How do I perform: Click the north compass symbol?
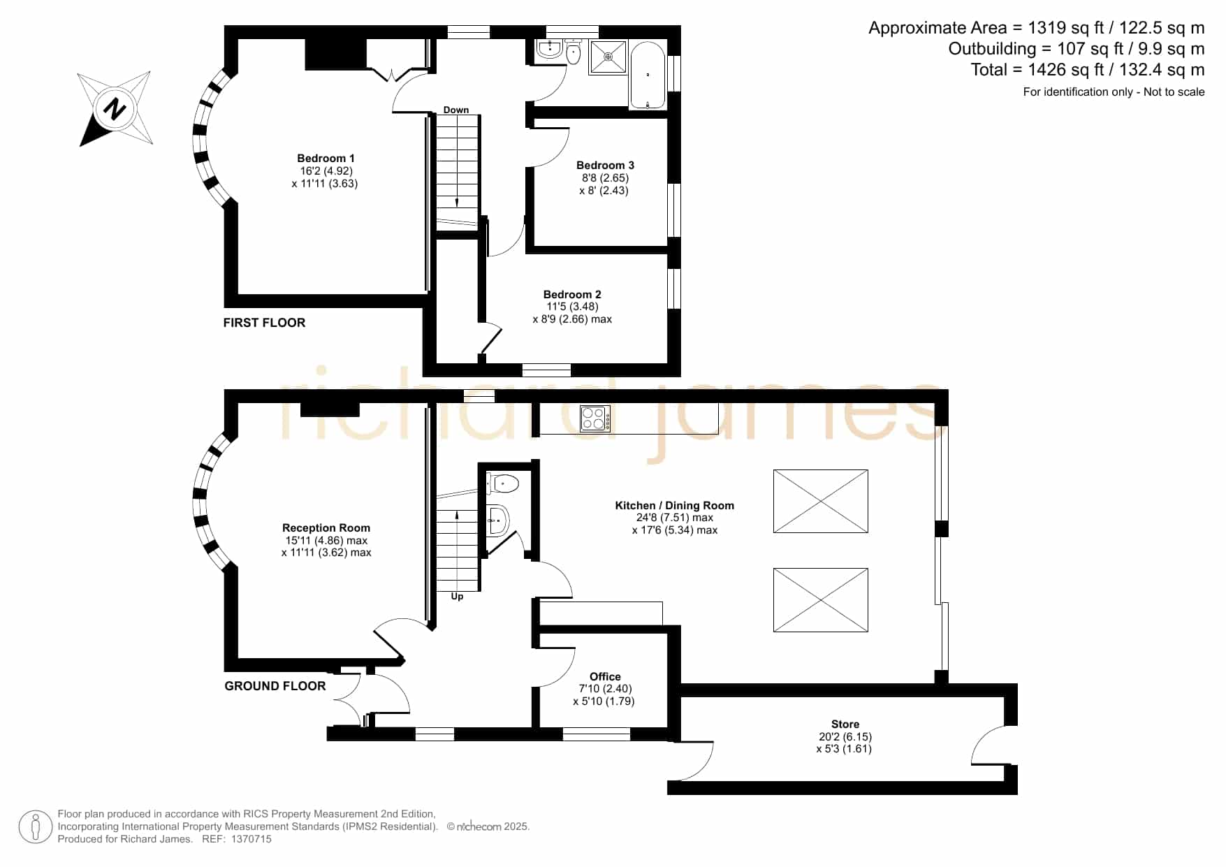115,108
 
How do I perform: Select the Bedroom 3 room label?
605,166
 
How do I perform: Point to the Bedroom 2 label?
572,295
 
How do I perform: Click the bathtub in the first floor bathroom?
648,75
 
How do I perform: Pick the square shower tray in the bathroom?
609,57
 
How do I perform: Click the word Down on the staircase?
456,110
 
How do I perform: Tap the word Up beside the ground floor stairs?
457,597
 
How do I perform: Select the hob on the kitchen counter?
595,418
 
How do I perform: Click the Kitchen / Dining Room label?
674,506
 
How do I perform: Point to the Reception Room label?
326,528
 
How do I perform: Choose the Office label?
605,677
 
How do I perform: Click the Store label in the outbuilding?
845,724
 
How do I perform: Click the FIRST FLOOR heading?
264,323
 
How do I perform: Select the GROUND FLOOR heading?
275,686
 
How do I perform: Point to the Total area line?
1088,70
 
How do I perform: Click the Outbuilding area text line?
1077,49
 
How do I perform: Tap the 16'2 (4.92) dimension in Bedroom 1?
326,171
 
